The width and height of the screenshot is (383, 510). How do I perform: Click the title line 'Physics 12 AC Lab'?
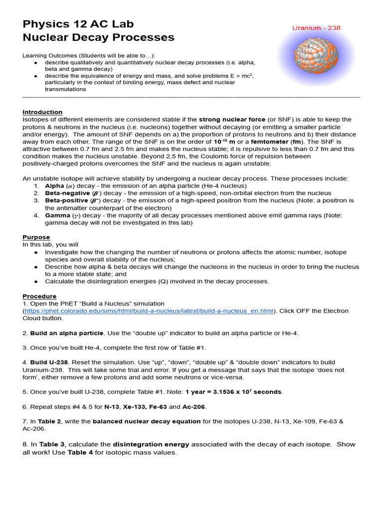coord(78,24)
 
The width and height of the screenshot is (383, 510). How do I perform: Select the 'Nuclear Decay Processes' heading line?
coord(98,37)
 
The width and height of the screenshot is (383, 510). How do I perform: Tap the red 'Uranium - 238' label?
coord(316,28)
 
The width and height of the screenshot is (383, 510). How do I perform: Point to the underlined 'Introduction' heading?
coord(42,112)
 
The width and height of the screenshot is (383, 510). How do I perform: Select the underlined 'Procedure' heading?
coord(39,296)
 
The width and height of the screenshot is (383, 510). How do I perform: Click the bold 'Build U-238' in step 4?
coord(47,363)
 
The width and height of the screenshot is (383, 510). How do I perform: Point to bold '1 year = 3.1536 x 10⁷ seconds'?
coord(233,392)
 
